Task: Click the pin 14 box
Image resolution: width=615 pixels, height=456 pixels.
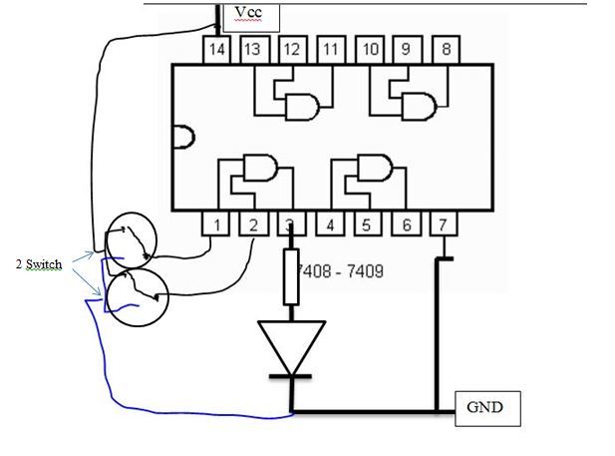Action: (x=217, y=50)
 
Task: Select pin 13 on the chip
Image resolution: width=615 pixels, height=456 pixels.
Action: (x=254, y=50)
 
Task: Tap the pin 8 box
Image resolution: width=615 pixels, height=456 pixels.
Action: (x=446, y=50)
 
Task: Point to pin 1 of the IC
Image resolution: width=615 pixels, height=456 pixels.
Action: (x=215, y=224)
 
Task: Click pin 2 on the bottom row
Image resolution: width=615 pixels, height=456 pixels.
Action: (x=254, y=224)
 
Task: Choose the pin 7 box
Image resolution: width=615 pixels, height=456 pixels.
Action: (x=444, y=224)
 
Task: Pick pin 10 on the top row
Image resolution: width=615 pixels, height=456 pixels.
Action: (x=369, y=50)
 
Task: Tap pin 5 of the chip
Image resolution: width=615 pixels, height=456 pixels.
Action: (x=368, y=224)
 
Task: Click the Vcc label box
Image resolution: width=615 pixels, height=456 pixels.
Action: (x=251, y=17)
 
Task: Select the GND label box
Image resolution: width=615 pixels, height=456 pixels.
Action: (x=487, y=408)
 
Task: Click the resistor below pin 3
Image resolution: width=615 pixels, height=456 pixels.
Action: (x=291, y=276)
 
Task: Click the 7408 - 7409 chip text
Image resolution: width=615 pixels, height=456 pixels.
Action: (x=340, y=271)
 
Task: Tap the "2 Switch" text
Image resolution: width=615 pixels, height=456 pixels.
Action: (x=39, y=264)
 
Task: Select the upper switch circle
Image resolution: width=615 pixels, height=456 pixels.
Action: (x=133, y=240)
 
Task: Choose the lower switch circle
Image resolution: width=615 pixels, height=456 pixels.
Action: (x=138, y=297)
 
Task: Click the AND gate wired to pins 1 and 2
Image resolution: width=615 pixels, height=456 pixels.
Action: (x=260, y=168)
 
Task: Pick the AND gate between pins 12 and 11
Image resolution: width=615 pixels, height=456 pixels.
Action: (x=302, y=107)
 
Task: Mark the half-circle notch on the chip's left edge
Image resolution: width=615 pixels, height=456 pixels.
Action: (x=183, y=137)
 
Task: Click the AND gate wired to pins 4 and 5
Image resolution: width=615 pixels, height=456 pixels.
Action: (x=375, y=168)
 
